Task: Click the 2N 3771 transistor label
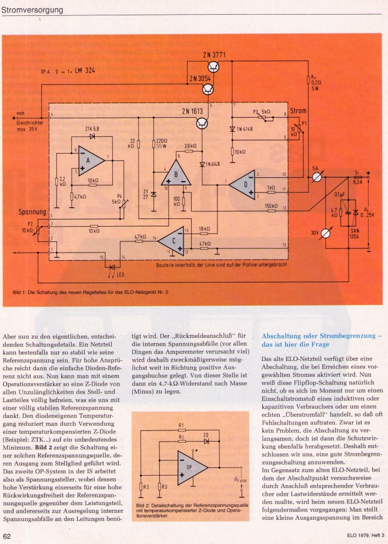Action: coord(215,55)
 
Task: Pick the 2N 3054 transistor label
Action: coord(201,78)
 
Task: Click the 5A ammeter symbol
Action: coord(317,176)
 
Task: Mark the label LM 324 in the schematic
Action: coord(82,71)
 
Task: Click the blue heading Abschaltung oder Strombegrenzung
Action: coord(322,339)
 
